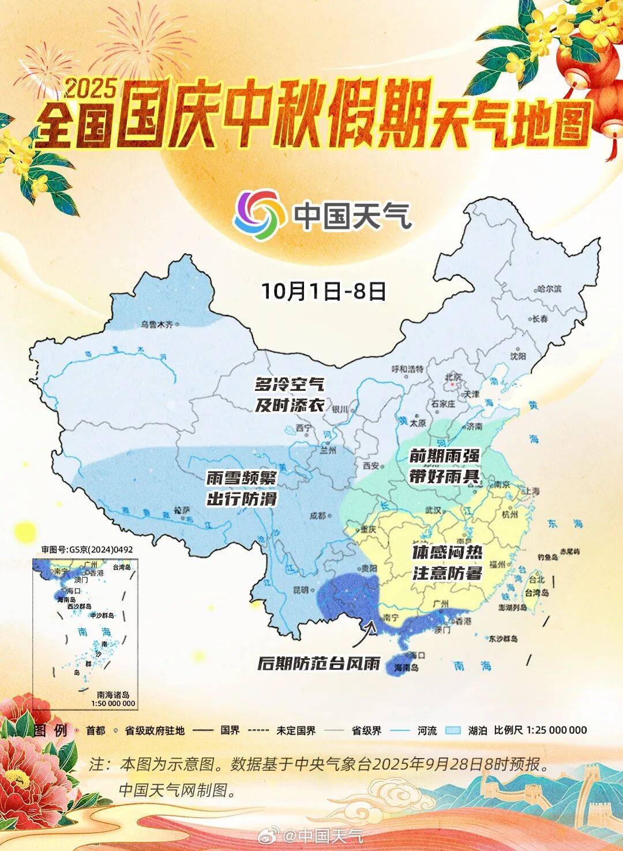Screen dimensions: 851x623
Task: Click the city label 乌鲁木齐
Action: pos(157,325)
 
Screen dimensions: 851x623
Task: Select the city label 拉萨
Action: pos(181,511)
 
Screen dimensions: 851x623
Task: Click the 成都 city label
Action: pos(317,516)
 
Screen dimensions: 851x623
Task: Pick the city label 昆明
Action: pos(301,589)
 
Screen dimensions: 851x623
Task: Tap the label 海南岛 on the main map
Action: pos(406,667)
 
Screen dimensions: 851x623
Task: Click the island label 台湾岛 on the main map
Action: pos(536,593)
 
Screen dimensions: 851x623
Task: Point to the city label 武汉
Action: pos(433,510)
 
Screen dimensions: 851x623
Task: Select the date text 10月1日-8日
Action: pos(324,291)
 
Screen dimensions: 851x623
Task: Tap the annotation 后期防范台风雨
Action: pos(319,663)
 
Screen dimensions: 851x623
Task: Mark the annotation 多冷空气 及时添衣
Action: pos(290,394)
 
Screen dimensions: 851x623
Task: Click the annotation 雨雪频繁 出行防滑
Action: pos(242,488)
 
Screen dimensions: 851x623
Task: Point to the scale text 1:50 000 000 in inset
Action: pos(112,703)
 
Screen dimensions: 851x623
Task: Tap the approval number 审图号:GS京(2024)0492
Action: pos(87,549)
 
